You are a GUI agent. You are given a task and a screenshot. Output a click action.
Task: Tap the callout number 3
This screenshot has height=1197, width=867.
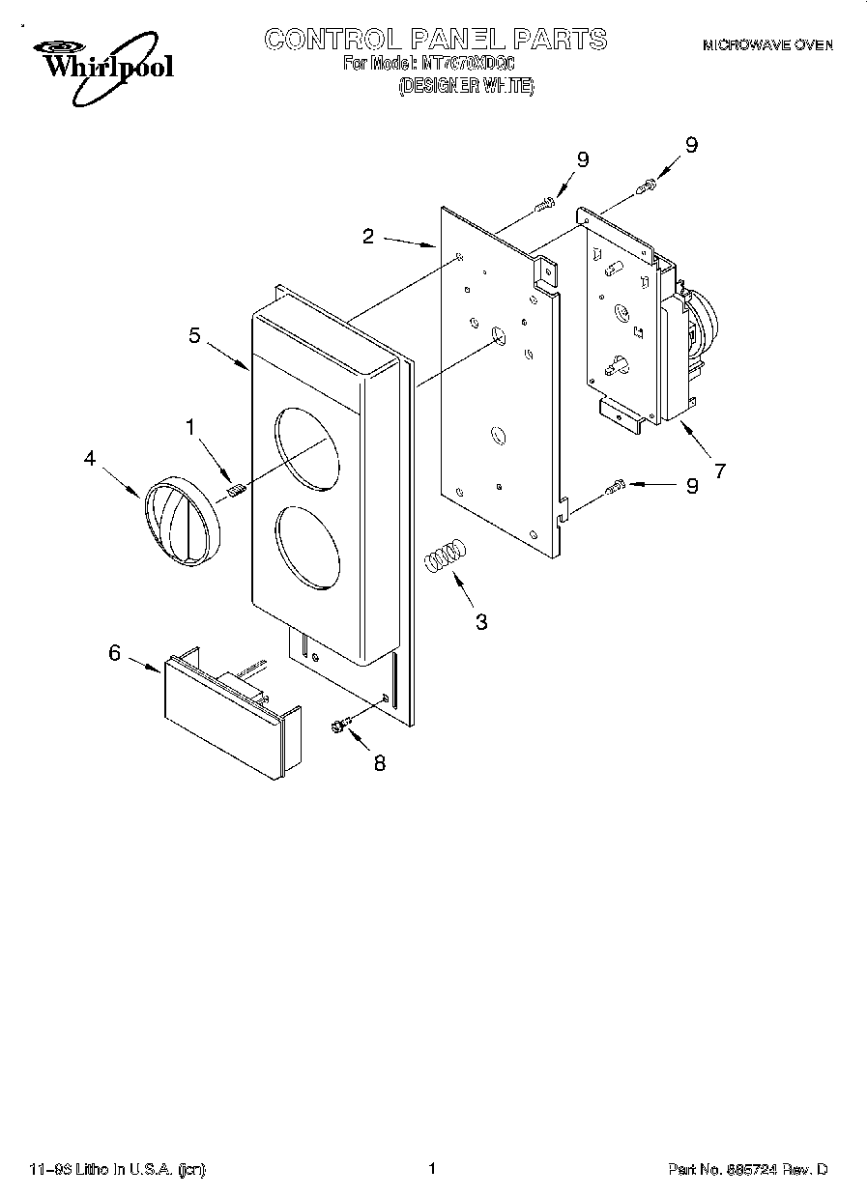coord(481,621)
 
